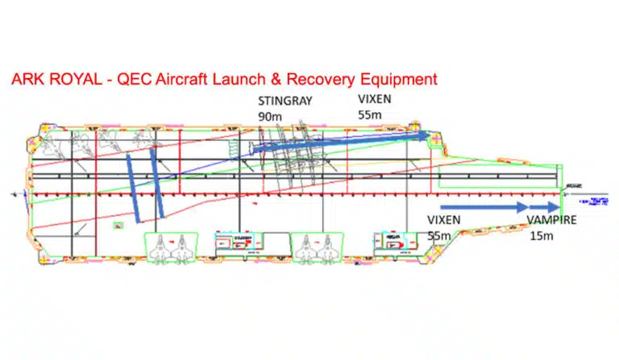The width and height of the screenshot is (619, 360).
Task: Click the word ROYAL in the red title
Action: tap(74, 80)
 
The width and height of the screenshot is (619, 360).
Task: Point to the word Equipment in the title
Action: tap(396, 80)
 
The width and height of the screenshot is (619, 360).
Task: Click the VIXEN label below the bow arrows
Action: tap(446, 220)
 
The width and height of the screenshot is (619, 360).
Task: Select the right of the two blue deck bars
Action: tap(155, 179)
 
